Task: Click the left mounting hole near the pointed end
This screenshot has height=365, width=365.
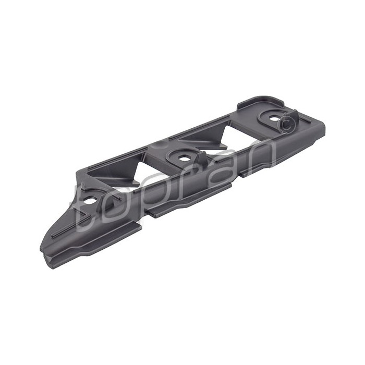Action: (92, 200)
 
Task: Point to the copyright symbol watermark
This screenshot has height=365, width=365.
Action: (285, 124)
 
